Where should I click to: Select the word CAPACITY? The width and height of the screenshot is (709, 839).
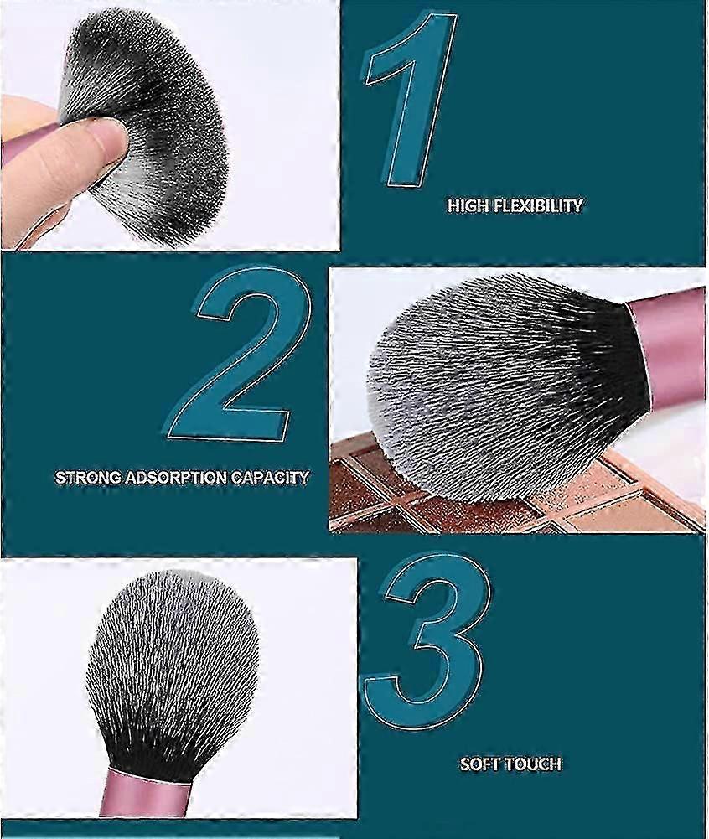(x=270, y=477)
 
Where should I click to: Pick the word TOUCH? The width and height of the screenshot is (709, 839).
(x=532, y=764)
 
